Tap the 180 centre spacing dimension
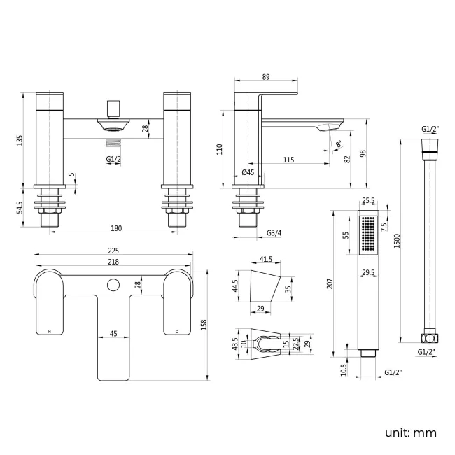[x=116, y=227]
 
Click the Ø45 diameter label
[x=248, y=172]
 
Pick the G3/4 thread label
[x=275, y=232]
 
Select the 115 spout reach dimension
[x=288, y=160]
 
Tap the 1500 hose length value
[x=398, y=240]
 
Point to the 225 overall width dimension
[x=113, y=251]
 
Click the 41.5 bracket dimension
[x=265, y=259]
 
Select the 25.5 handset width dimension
[x=368, y=199]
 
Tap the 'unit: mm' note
[x=409, y=433]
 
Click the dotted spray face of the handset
[x=368, y=235]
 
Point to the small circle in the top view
[x=112, y=284]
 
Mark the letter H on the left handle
[x=48, y=330]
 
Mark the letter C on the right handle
[x=176, y=330]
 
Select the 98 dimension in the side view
[x=364, y=153]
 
